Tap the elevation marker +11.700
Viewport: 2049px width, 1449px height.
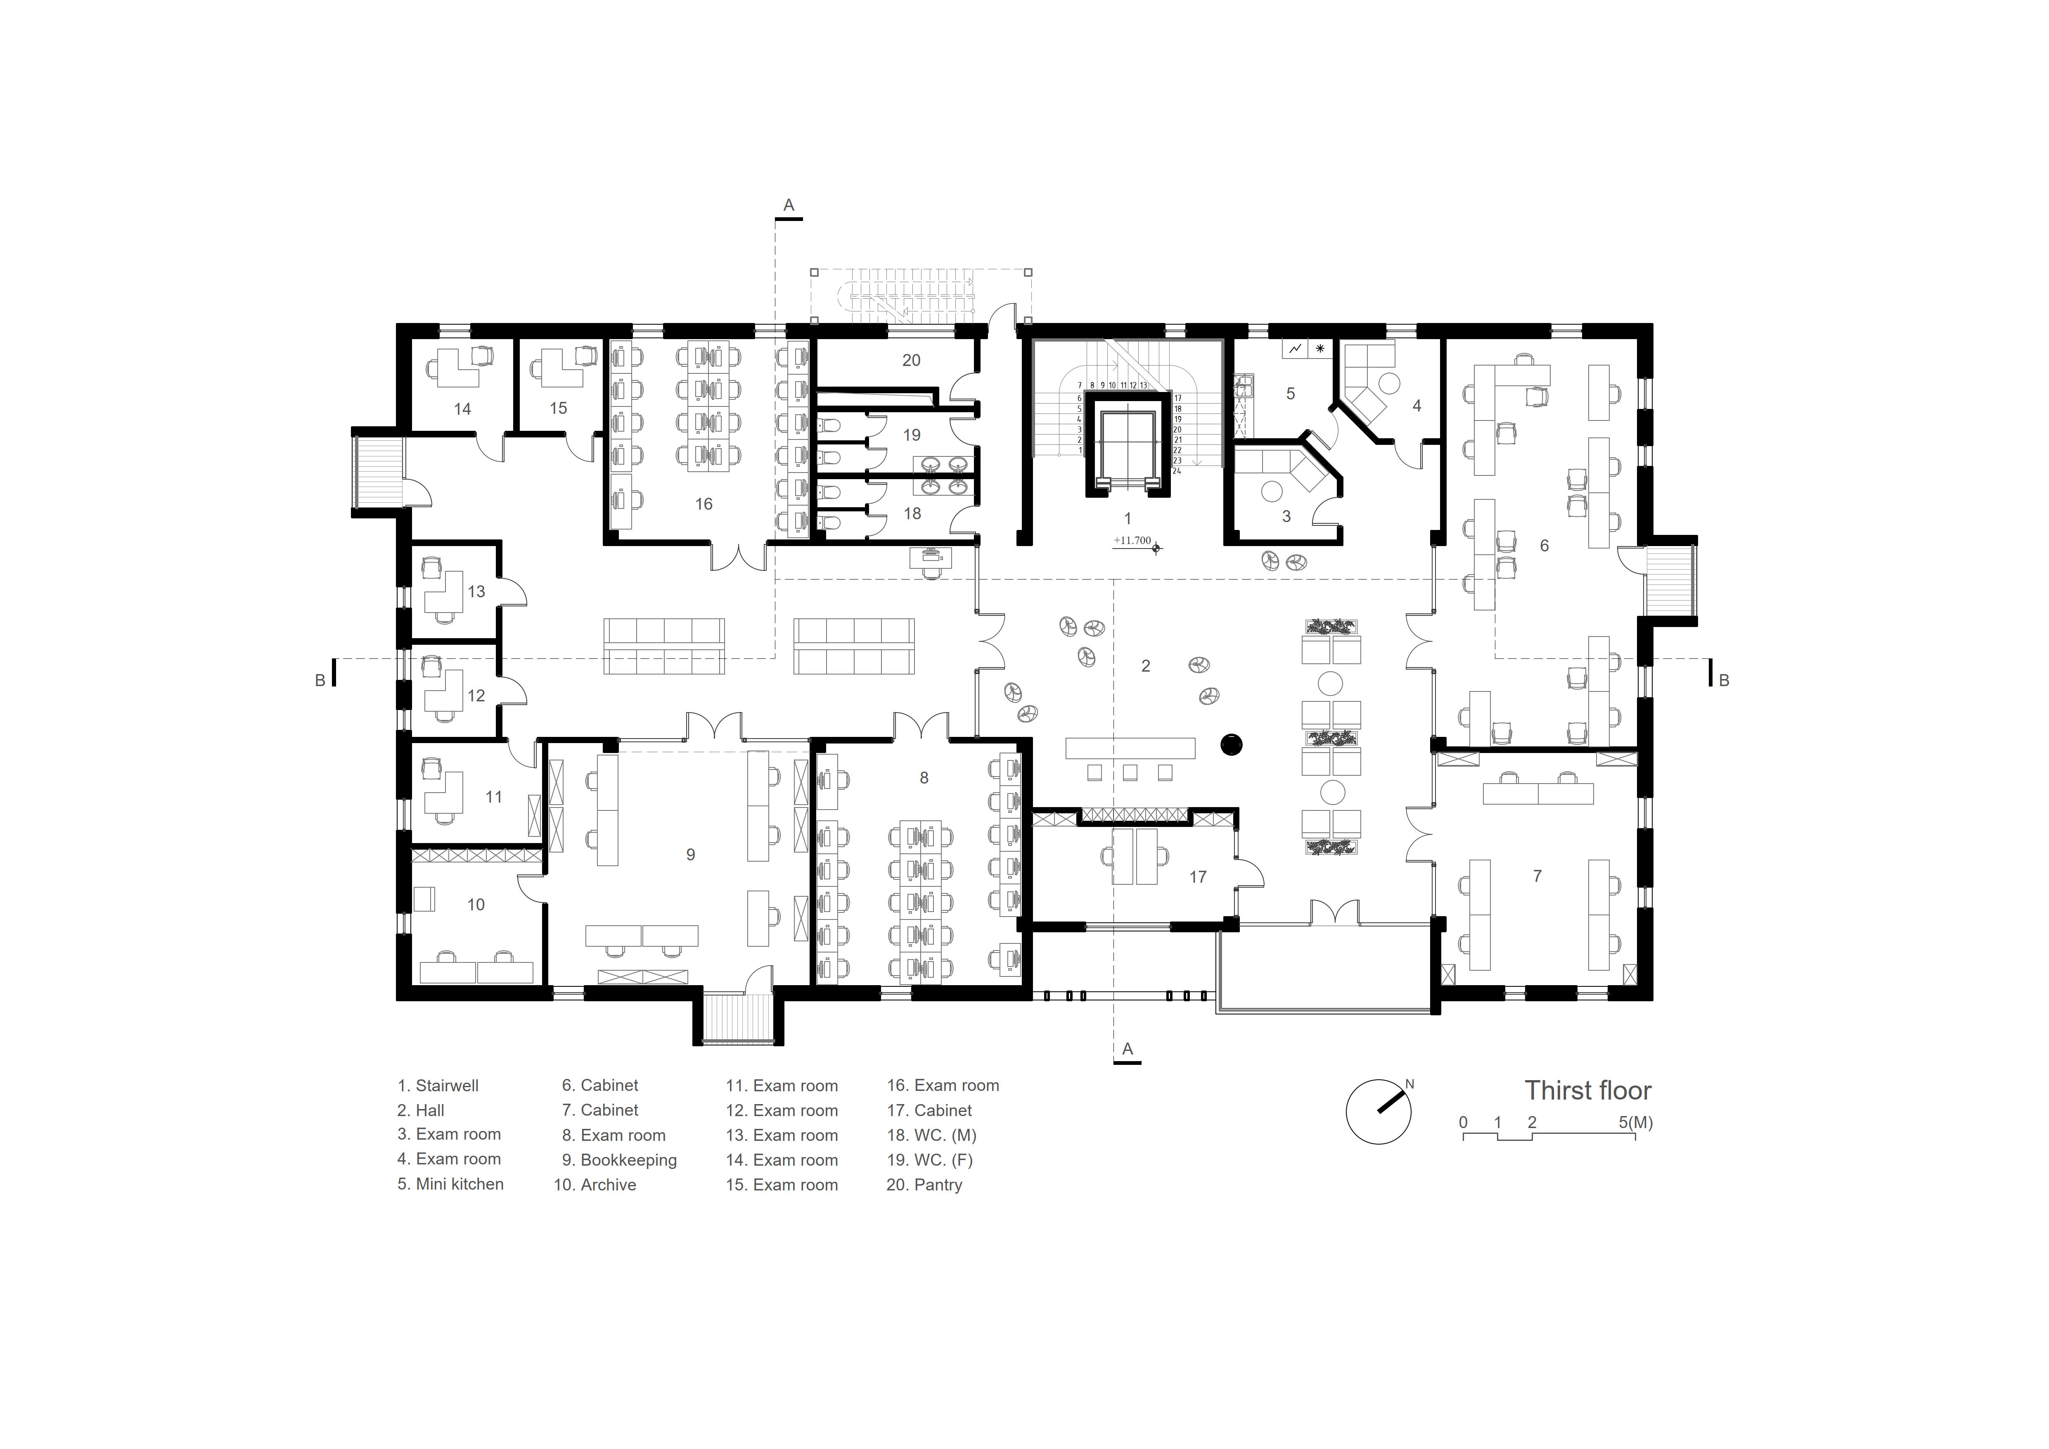click(1132, 540)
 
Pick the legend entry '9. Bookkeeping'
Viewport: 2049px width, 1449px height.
click(619, 1160)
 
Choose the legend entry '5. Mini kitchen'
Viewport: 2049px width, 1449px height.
click(451, 1184)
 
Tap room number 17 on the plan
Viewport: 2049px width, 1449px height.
click(1198, 877)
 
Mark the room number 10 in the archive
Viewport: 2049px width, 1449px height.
click(476, 905)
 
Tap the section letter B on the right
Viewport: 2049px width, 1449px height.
click(1724, 680)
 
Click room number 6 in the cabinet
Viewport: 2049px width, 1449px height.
click(1545, 546)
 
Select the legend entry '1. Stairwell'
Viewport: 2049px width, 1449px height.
click(438, 1086)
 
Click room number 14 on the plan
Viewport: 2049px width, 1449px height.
click(462, 409)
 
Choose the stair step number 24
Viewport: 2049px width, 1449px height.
click(1177, 470)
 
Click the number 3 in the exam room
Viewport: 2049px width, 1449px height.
click(1286, 516)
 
